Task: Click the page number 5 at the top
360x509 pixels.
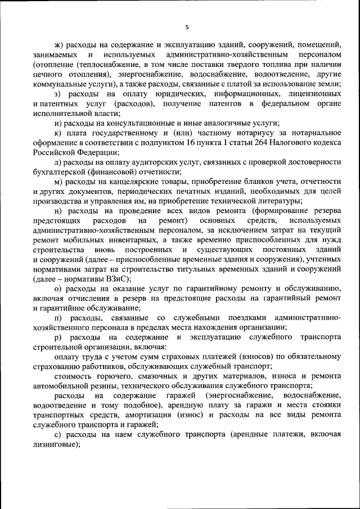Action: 187,27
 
